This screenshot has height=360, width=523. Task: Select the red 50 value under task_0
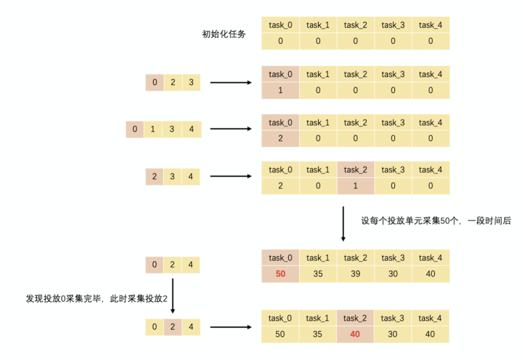(x=280, y=274)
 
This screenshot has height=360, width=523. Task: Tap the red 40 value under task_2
(x=355, y=334)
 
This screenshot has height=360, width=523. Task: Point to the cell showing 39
(x=355, y=274)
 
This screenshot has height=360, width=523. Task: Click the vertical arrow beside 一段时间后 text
(x=343, y=223)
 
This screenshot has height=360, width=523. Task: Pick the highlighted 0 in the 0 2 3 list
(x=154, y=82)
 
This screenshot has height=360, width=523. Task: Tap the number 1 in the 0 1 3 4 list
(x=153, y=129)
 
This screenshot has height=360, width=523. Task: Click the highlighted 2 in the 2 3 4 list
(x=154, y=176)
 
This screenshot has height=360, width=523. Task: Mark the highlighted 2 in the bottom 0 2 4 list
(x=173, y=327)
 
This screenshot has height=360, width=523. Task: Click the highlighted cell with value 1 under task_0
(x=280, y=91)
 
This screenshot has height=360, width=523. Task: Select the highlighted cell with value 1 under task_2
(x=355, y=186)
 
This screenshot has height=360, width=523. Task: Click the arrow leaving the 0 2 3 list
(x=231, y=83)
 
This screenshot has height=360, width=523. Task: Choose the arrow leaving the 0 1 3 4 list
(x=231, y=129)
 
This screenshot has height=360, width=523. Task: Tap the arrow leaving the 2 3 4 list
(x=231, y=177)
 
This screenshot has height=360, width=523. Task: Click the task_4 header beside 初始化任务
(x=431, y=25)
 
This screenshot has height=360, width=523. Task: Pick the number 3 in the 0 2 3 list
(x=191, y=82)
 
